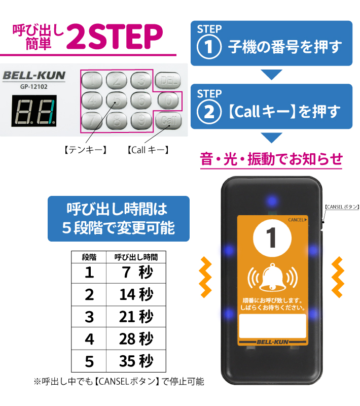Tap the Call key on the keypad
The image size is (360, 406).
click(167, 120)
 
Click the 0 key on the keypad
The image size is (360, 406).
click(167, 100)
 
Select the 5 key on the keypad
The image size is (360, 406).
click(117, 100)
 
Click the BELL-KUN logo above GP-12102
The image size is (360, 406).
click(34, 76)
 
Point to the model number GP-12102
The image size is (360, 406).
click(34, 86)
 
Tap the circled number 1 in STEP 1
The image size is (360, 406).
click(208, 48)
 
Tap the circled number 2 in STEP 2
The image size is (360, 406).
click(208, 111)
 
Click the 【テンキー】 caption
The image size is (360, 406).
click(85, 150)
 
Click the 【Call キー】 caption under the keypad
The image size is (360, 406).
click(148, 150)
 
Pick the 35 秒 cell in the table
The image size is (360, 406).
click(136, 361)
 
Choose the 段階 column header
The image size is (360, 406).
click(89, 257)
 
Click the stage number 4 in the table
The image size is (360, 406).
click(89, 339)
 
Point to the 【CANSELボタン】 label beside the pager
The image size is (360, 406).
click(341, 207)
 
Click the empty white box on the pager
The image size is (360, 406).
click(272, 326)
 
